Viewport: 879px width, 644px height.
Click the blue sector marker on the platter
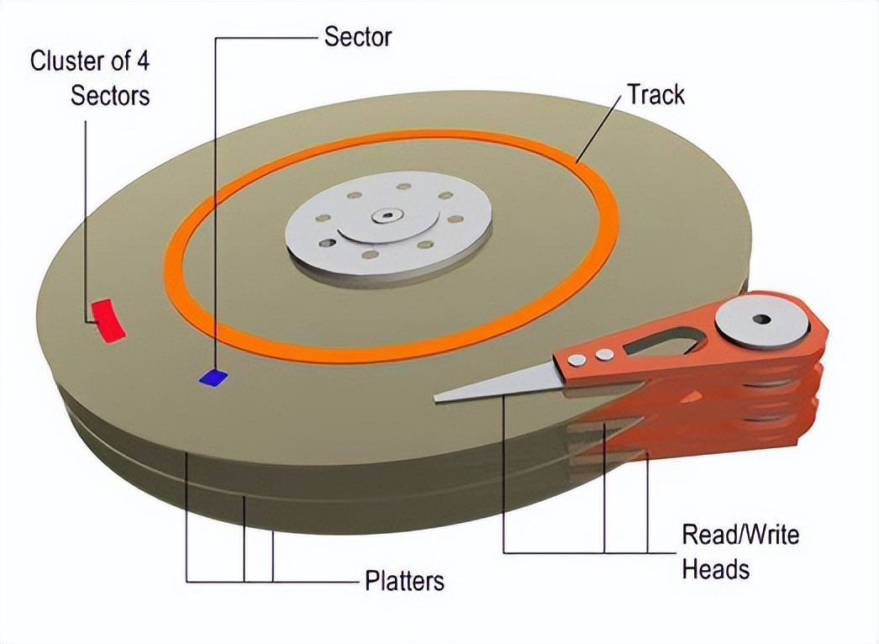214,377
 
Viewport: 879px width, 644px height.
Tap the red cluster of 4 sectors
107,319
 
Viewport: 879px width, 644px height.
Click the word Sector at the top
358,36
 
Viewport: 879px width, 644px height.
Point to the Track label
655,94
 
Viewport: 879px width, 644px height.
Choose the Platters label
404,581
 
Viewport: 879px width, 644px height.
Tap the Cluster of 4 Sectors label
90,77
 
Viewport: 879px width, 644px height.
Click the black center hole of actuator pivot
761,319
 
